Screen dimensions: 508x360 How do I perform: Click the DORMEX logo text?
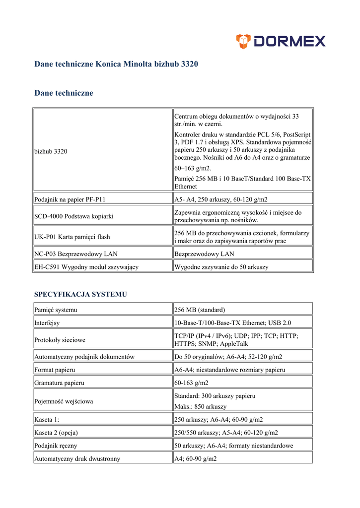coord(289,41)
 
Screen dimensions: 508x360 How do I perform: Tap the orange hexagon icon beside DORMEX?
coord(243,41)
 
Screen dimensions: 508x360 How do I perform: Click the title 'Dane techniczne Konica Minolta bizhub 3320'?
coord(116,64)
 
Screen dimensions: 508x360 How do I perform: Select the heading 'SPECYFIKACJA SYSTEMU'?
coord(80,294)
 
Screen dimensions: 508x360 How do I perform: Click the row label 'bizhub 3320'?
coord(51,151)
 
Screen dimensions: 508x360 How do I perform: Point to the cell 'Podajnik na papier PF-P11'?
coord(70,199)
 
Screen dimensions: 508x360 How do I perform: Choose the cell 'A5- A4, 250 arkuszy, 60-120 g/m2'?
coord(221,199)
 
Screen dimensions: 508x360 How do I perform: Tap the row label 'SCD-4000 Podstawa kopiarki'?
coord(74,216)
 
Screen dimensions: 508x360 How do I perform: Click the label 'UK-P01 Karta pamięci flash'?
coord(72,237)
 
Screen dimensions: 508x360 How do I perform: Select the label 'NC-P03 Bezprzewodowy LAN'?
coord(76,254)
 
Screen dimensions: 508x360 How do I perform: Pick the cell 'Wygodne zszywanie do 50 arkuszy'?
coord(221,267)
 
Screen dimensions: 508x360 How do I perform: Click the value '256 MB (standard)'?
coord(200,310)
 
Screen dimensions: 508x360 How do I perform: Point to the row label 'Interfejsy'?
coord(47,322)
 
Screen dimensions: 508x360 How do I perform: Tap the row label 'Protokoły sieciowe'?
coord(60,340)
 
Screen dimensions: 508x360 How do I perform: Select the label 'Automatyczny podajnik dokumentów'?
coord(84,357)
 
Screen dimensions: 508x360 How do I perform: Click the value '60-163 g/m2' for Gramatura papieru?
coord(192,382)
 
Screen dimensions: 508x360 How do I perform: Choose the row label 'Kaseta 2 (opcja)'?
coord(56,432)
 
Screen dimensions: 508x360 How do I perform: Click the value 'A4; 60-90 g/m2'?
coord(196,459)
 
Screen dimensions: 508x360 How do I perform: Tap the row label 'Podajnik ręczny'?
coord(56,445)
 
